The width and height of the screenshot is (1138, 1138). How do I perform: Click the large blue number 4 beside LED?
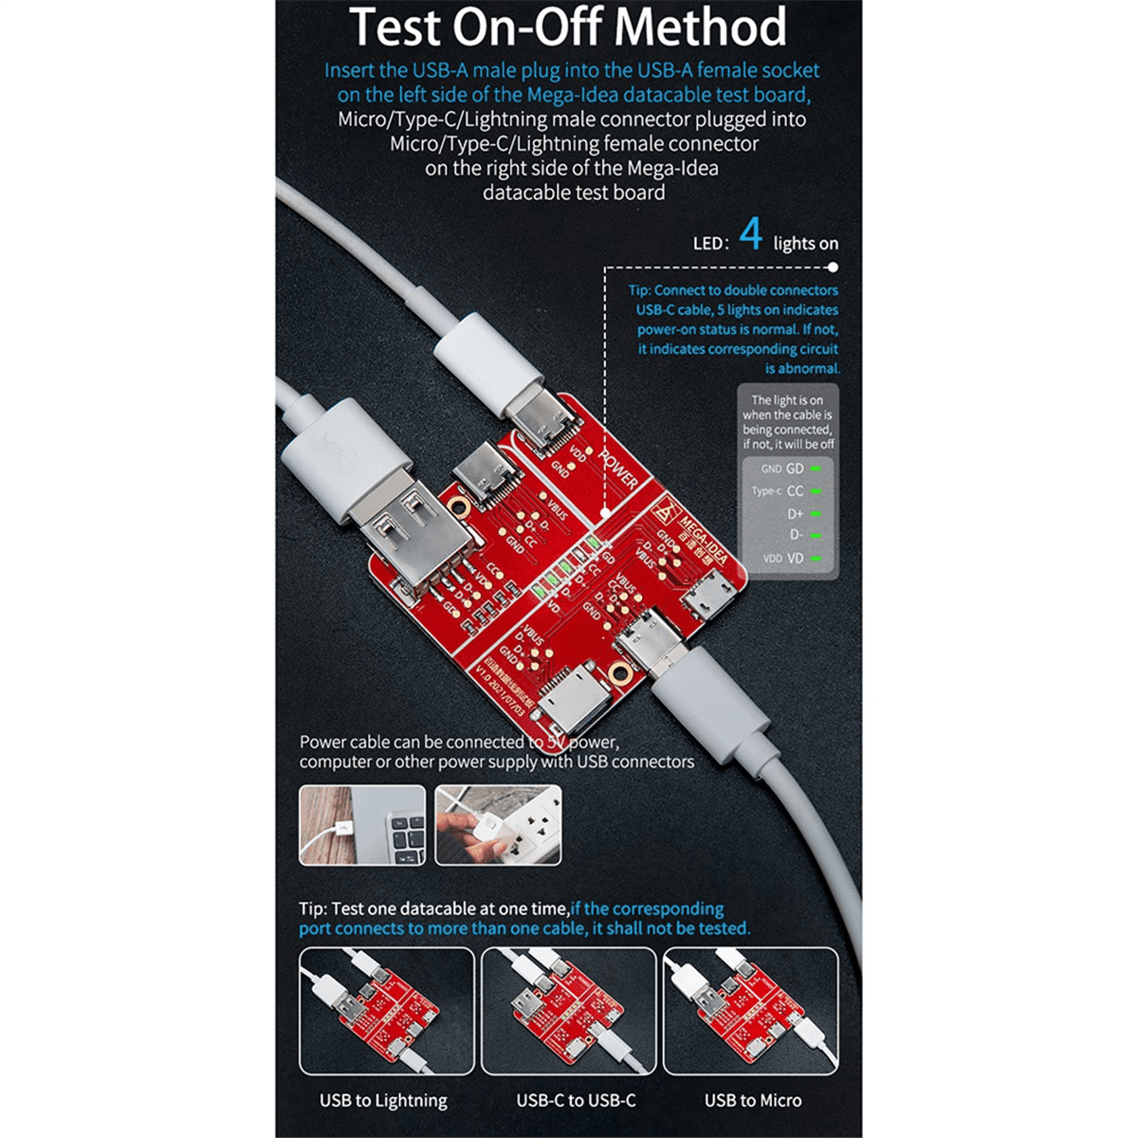pos(750,234)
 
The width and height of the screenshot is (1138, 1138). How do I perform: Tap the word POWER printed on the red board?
pos(617,468)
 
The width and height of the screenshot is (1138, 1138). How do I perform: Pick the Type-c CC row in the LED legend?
pos(787,491)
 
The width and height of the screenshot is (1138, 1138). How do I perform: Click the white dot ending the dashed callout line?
pos(833,268)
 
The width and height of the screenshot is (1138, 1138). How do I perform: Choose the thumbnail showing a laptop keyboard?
pos(362,824)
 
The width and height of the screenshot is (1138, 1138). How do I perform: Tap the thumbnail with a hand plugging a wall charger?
pos(498,824)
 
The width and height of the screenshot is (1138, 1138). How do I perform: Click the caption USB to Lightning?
pos(383,1101)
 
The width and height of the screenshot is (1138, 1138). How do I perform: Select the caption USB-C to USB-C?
pos(576,1101)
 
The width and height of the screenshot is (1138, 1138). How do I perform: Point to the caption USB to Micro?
pos(752,1101)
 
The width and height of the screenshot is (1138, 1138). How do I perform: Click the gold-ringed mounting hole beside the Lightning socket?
pos(620,674)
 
